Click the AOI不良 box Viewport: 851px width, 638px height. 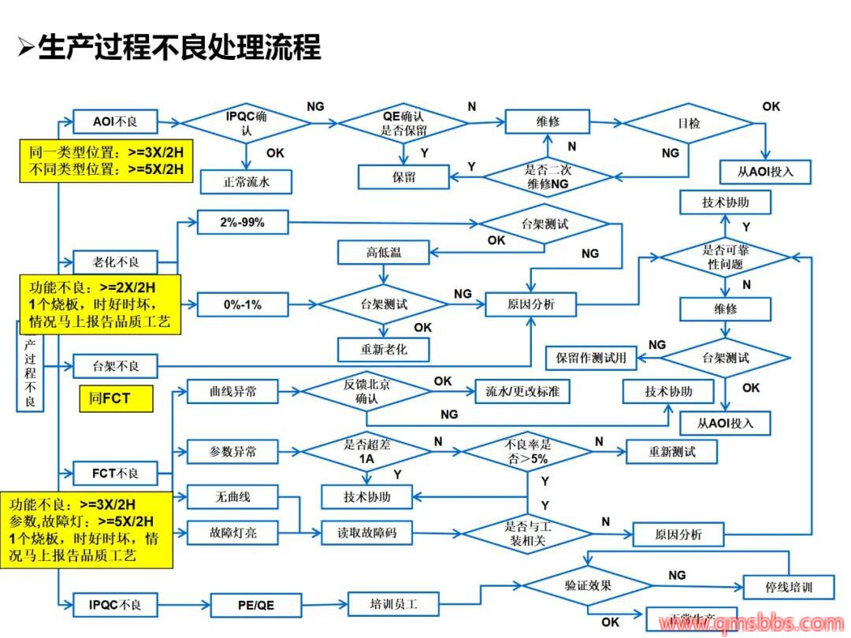point(115,121)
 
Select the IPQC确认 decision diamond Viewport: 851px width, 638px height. point(247,122)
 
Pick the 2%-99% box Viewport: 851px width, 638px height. point(242,223)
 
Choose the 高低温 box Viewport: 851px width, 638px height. point(384,253)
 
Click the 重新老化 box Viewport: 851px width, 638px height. point(384,348)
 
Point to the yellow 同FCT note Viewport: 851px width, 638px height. point(116,399)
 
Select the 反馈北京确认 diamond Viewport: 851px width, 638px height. point(367,391)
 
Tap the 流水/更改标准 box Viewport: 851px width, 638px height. point(522,391)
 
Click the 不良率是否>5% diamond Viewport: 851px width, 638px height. point(527,451)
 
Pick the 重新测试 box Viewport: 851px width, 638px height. point(672,451)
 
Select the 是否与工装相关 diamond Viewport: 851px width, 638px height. point(527,533)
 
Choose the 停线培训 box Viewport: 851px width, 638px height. point(789,587)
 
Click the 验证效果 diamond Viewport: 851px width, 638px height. point(587,586)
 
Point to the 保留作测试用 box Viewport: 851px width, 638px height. point(592,358)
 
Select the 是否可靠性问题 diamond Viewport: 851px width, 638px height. point(723,257)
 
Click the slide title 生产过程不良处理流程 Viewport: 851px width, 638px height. point(180,47)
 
